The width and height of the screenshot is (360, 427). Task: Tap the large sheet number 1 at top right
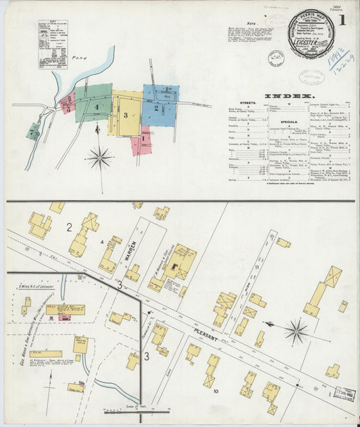(x=343, y=20)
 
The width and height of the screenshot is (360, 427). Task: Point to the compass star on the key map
(x=99, y=157)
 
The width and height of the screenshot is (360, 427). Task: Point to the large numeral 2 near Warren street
(x=69, y=227)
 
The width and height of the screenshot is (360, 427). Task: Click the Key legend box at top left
(x=53, y=45)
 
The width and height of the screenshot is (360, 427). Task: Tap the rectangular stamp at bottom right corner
(x=344, y=391)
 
